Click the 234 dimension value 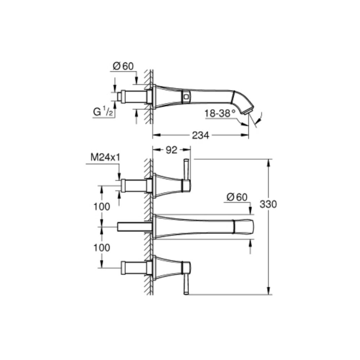click(x=201, y=135)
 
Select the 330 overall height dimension click(x=268, y=204)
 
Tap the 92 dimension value click(x=171, y=150)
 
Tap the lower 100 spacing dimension click(x=102, y=247)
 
